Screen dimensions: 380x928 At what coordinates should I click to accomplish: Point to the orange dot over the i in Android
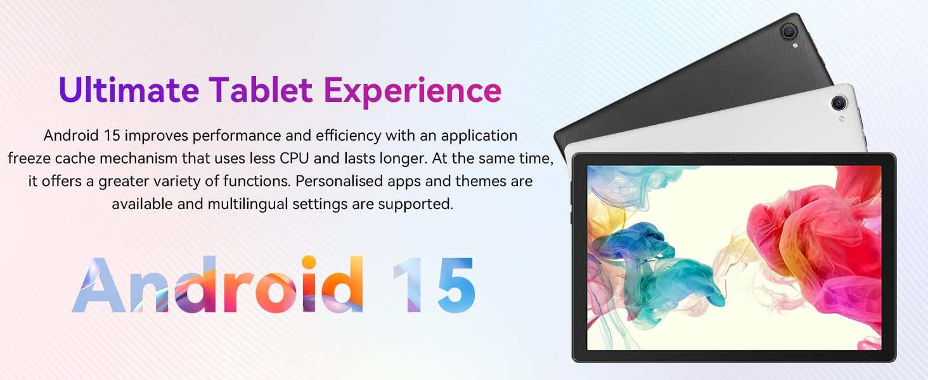[309, 262]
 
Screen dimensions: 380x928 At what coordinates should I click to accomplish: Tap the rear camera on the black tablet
[789, 31]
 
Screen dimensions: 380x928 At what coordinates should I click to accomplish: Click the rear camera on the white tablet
[839, 102]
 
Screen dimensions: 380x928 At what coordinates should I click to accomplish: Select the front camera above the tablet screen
[735, 158]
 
